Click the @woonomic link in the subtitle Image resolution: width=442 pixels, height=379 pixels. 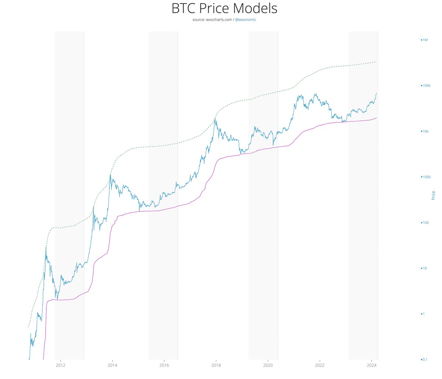click(245, 20)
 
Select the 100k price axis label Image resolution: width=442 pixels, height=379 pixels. click(426, 85)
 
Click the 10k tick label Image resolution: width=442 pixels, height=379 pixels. click(425, 131)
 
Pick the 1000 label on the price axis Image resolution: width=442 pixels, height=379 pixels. click(426, 177)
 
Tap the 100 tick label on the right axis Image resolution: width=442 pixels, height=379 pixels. click(425, 223)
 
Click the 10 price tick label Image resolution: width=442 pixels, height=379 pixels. click(425, 268)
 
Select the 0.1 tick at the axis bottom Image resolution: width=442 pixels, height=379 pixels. click(425, 359)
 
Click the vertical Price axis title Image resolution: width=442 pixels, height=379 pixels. click(434, 195)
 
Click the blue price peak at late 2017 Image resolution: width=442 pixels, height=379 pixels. click(215, 118)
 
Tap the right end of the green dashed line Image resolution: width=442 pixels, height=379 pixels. click(376, 61)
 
